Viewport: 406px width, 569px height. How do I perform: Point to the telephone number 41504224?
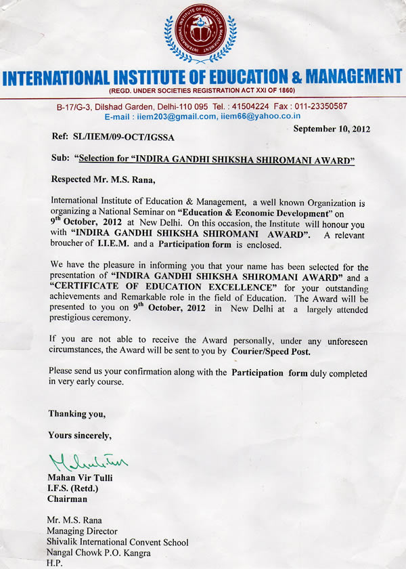(251, 106)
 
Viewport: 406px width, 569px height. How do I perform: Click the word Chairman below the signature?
(67, 499)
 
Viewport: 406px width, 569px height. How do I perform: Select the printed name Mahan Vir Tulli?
(78, 478)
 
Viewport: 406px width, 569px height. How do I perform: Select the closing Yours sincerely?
(80, 435)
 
